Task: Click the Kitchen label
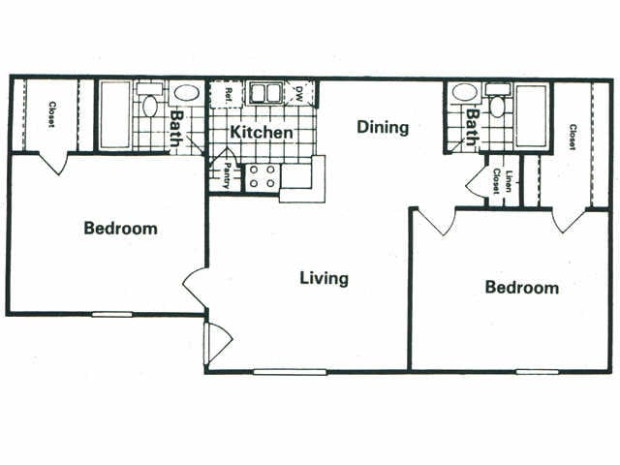(262, 132)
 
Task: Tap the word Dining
(383, 127)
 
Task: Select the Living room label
(325, 278)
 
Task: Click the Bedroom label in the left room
(120, 229)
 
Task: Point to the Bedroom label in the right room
(522, 287)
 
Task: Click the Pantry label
(227, 175)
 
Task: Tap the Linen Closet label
(502, 181)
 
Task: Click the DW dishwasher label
(299, 94)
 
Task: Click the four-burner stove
(263, 176)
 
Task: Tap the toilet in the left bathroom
(149, 100)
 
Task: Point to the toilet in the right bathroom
(497, 101)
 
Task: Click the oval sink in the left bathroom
(187, 94)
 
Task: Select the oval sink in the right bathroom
(465, 93)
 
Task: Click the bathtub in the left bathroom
(115, 115)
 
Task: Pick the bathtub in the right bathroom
(532, 116)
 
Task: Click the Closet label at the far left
(51, 114)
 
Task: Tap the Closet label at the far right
(573, 137)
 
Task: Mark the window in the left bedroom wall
(112, 314)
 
